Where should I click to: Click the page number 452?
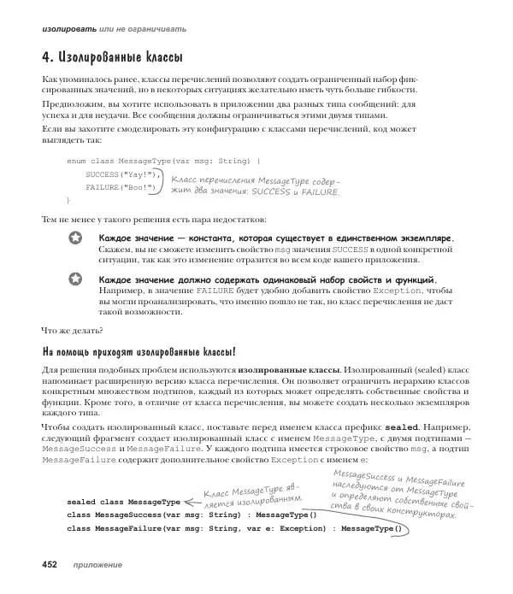44,565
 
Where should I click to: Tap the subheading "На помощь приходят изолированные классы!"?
139,350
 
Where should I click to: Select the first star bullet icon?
74,237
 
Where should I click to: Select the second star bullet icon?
74,279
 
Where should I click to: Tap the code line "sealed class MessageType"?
123,502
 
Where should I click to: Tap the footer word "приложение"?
97,565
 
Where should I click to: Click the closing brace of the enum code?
68,199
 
